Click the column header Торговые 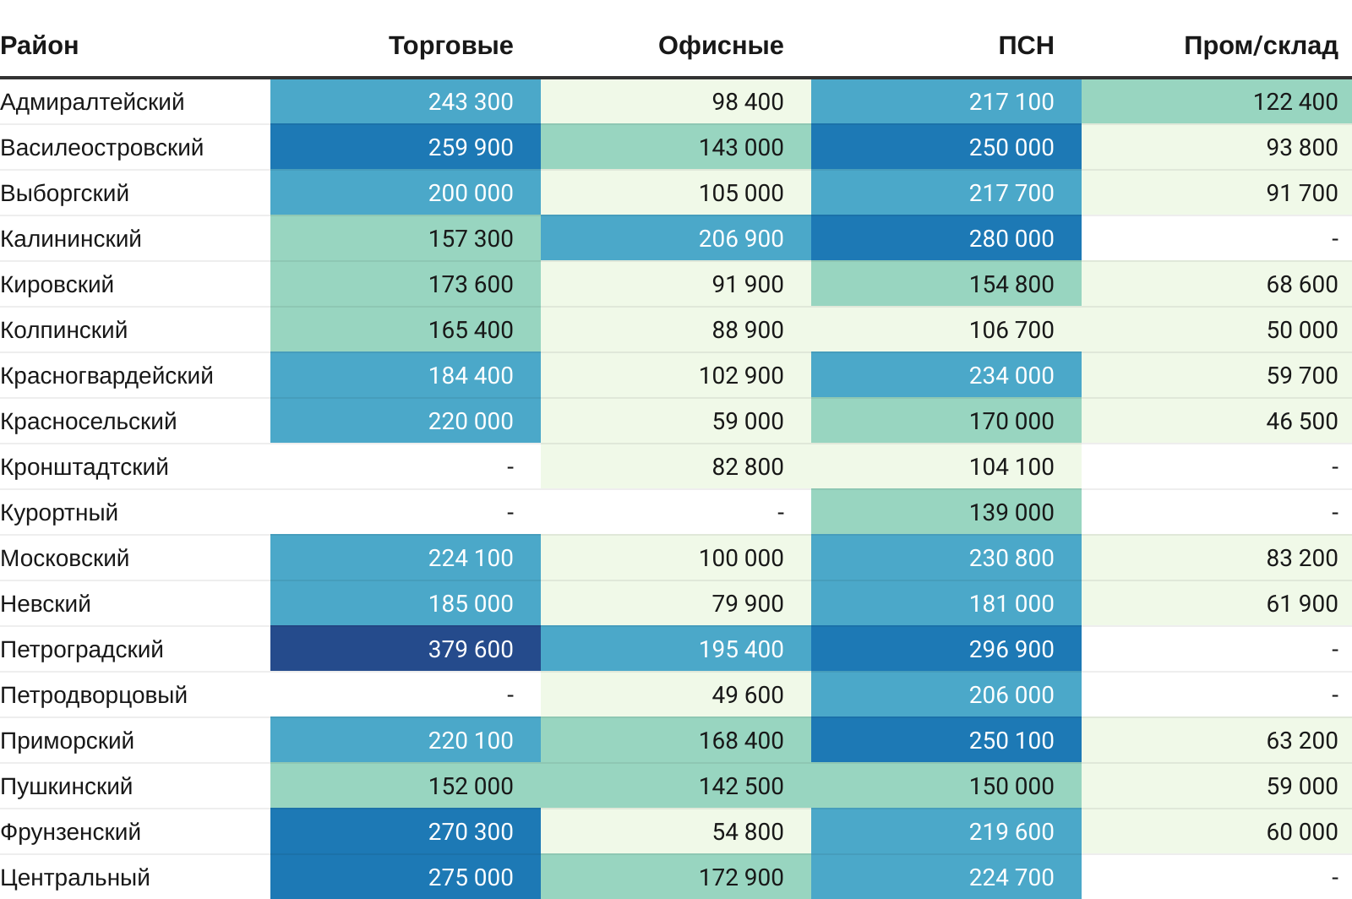pyautogui.click(x=450, y=46)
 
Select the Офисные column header pyautogui.click(x=721, y=46)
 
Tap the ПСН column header pyautogui.click(x=1026, y=46)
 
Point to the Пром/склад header pyautogui.click(x=1261, y=46)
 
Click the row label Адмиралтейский pyautogui.click(x=92, y=102)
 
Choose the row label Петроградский pyautogui.click(x=82, y=650)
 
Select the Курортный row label pyautogui.click(x=59, y=513)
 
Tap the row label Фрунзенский pyautogui.click(x=71, y=832)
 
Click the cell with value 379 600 pyautogui.click(x=470, y=650)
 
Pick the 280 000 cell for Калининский pyautogui.click(x=1011, y=239)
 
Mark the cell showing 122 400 pyautogui.click(x=1295, y=102)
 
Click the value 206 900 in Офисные pyautogui.click(x=740, y=239)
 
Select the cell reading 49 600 pyautogui.click(x=747, y=695)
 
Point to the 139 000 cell pyautogui.click(x=1011, y=513)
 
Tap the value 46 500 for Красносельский pyautogui.click(x=1301, y=422)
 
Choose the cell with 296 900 pyautogui.click(x=1011, y=650)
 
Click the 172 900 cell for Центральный pyautogui.click(x=740, y=878)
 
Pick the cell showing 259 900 pyautogui.click(x=470, y=148)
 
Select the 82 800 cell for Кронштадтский pyautogui.click(x=747, y=467)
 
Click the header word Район pyautogui.click(x=40, y=46)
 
